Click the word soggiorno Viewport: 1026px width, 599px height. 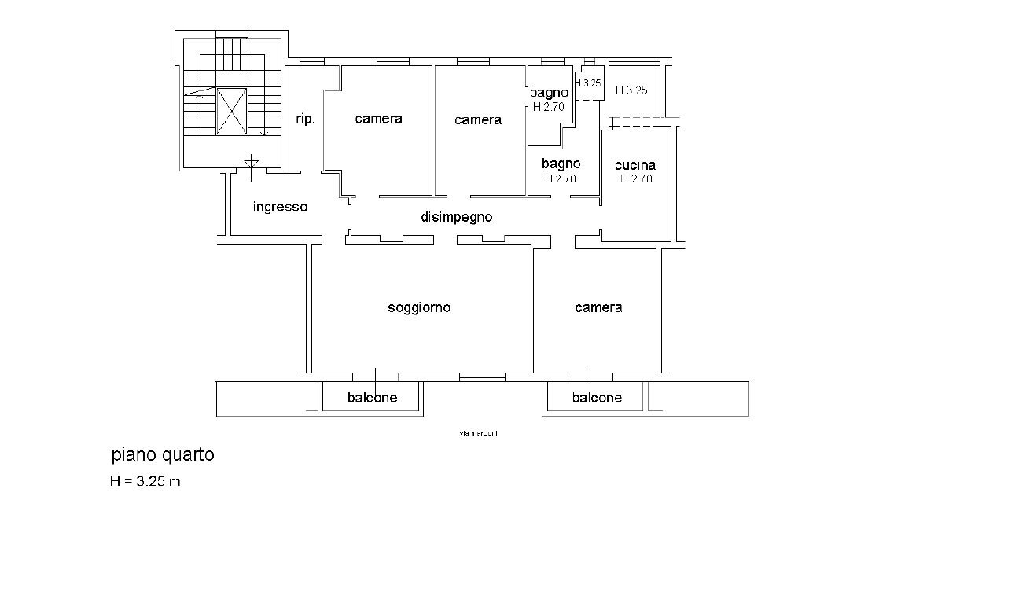coord(419,307)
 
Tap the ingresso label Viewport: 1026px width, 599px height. coord(280,208)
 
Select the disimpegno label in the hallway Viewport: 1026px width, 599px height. coord(456,217)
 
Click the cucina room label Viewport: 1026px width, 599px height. coord(635,165)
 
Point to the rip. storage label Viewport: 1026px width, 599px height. coord(305,119)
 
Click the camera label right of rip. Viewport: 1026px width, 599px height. coord(378,119)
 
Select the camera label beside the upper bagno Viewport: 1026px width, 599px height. coord(477,119)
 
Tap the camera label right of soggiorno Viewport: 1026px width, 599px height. coord(598,307)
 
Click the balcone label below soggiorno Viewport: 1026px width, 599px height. coord(372,398)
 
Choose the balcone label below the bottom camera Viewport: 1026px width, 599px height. coord(597,398)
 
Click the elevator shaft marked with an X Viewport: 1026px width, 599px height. coord(232,111)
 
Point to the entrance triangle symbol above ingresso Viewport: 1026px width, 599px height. coord(252,163)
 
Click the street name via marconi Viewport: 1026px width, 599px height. coord(478,434)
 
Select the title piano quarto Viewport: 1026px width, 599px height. coord(162,454)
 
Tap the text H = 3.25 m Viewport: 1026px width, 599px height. coord(145,481)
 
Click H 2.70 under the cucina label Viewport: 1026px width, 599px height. coord(636,178)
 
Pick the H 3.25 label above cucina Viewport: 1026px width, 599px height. coord(631,90)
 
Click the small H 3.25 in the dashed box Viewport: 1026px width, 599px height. coord(588,83)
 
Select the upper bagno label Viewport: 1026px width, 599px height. coord(548,93)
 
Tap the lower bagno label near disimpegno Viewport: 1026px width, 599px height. coord(561,164)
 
